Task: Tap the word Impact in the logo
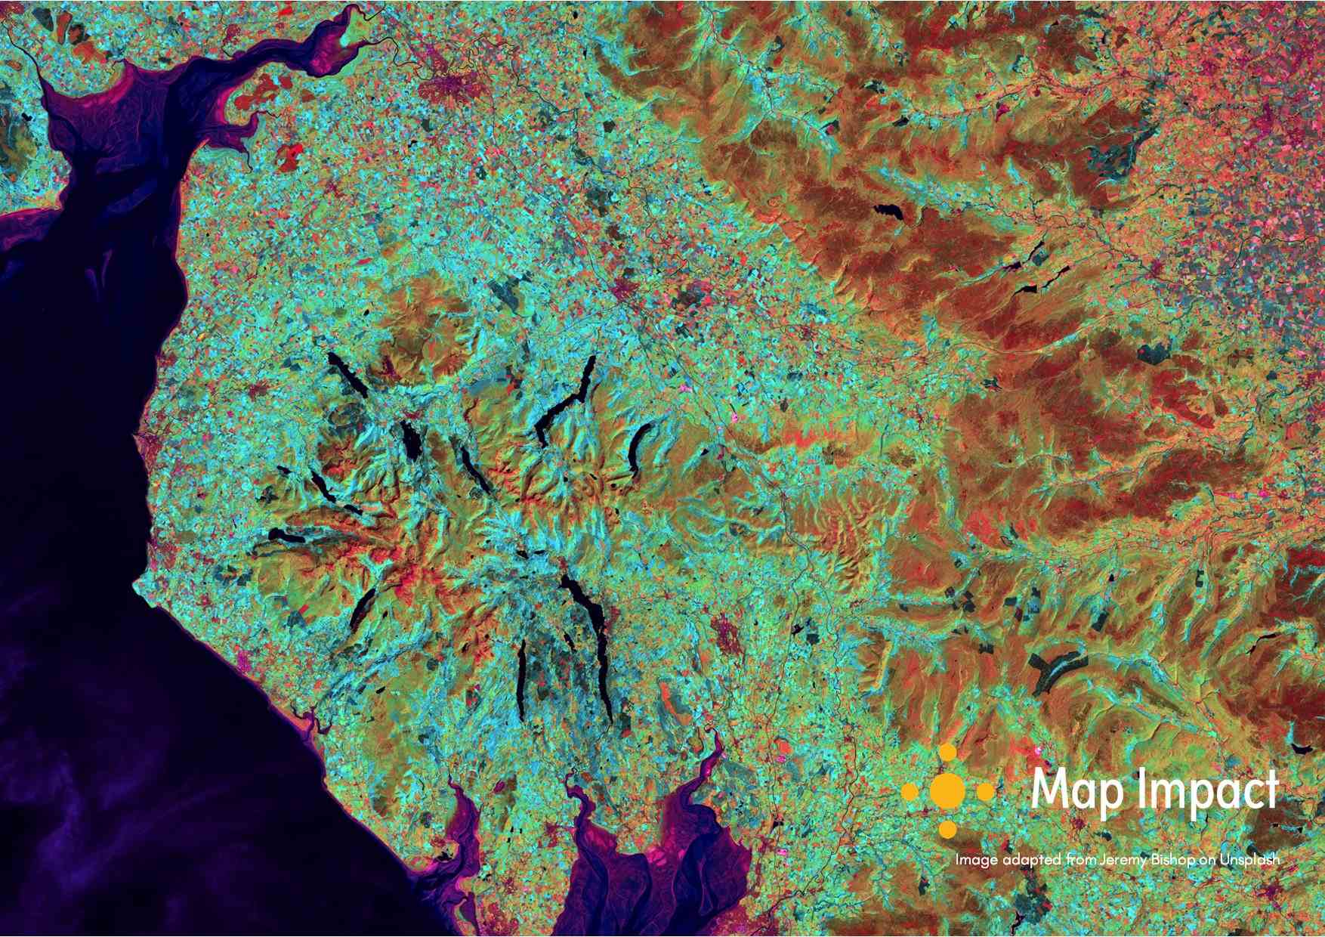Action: point(1206,792)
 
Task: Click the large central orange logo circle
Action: point(948,791)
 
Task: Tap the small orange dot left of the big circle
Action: point(910,792)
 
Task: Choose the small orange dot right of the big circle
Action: point(987,792)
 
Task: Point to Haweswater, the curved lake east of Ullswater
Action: point(639,446)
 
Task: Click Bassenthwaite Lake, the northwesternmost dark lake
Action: point(347,374)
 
